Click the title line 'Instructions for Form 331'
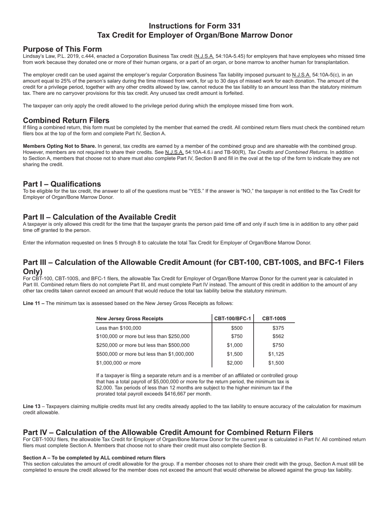click(195, 26)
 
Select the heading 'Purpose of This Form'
click(62, 49)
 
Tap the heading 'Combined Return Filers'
click(66, 120)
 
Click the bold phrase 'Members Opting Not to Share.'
click(60, 146)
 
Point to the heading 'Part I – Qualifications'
click(62, 184)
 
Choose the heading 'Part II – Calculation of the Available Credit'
click(99, 217)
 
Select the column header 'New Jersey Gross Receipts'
click(129, 319)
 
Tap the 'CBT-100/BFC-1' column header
click(232, 319)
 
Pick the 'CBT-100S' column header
click(274, 319)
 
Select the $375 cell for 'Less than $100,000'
click(278, 328)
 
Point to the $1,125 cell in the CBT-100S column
click(276, 354)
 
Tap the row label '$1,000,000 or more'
click(118, 363)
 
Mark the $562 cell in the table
click(278, 336)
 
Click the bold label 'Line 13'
click(32, 406)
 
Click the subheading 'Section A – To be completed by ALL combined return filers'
click(94, 458)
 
